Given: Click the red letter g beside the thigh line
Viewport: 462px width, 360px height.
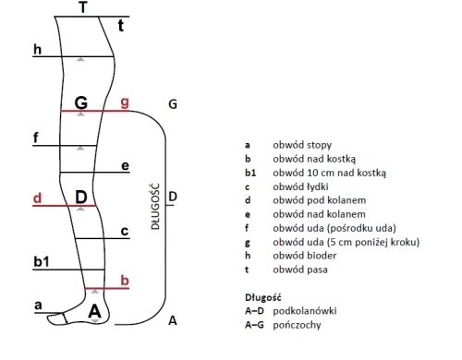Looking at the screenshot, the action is pos(125,102).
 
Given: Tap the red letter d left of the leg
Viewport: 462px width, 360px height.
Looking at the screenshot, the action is pos(37,198).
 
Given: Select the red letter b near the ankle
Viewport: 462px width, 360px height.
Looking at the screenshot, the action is pos(125,281).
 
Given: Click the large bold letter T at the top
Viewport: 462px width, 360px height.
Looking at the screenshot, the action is pos(83,7).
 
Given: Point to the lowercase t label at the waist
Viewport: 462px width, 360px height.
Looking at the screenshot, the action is pos(121,26).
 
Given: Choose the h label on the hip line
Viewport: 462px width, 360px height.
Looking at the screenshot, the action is pos(37,49).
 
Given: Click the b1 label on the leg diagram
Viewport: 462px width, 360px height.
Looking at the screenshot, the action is pos(42,262).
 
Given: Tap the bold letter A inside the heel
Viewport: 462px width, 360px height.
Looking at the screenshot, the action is pos(94,311).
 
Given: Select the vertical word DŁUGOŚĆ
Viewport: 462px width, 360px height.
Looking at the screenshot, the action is pos(156,207).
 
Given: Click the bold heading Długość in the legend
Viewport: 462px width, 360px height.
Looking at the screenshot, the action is pos(263,297).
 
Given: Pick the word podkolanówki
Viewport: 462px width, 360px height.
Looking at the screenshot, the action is pos(305,311).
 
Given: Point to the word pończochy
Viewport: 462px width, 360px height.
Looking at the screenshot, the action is pos(297,325).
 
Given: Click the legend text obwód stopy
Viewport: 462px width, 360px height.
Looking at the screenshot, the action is pos(302,145).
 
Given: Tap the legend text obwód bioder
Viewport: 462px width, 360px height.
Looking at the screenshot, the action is pos(305,256).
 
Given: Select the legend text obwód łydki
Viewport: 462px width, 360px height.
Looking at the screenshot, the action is pos(300,186).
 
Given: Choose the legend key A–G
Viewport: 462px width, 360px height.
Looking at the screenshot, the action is pos(254,325).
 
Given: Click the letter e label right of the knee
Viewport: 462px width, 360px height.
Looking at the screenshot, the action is pos(125,166).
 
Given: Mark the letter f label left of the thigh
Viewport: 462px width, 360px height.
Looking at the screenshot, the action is pos(36,138).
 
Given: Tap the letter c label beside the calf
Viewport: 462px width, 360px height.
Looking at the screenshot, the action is pos(125,232).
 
